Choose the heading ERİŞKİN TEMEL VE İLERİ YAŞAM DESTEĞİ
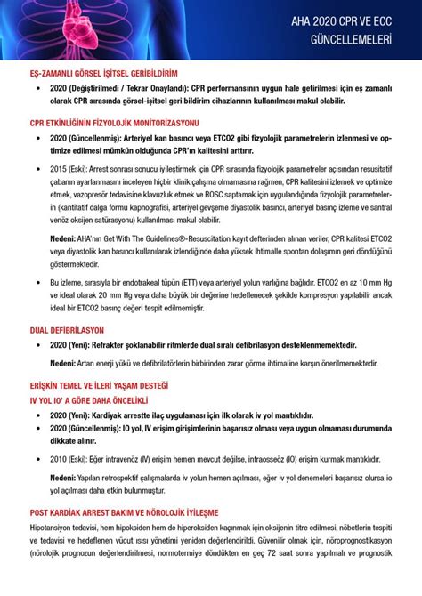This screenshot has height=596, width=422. (x=99, y=386)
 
